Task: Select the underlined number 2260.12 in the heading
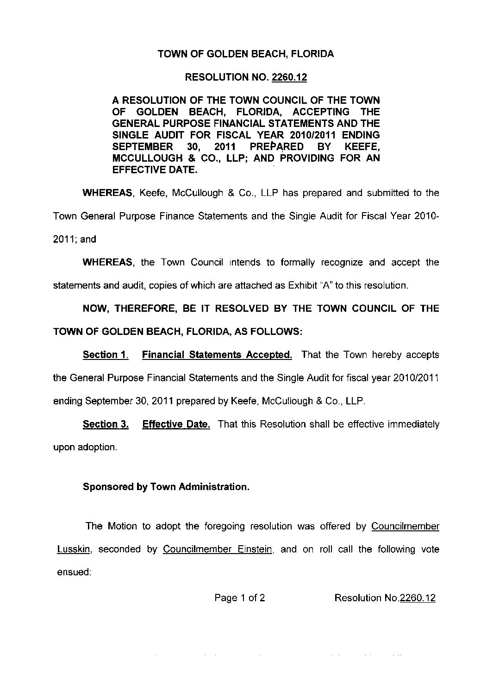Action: point(289,77)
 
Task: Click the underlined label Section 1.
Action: point(105,355)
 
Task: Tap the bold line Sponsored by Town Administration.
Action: point(166,487)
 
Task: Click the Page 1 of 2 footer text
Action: point(239,598)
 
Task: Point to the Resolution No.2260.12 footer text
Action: point(384,598)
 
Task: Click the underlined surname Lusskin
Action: point(75,549)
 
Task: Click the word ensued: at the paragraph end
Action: point(74,572)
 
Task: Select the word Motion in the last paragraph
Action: point(122,526)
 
